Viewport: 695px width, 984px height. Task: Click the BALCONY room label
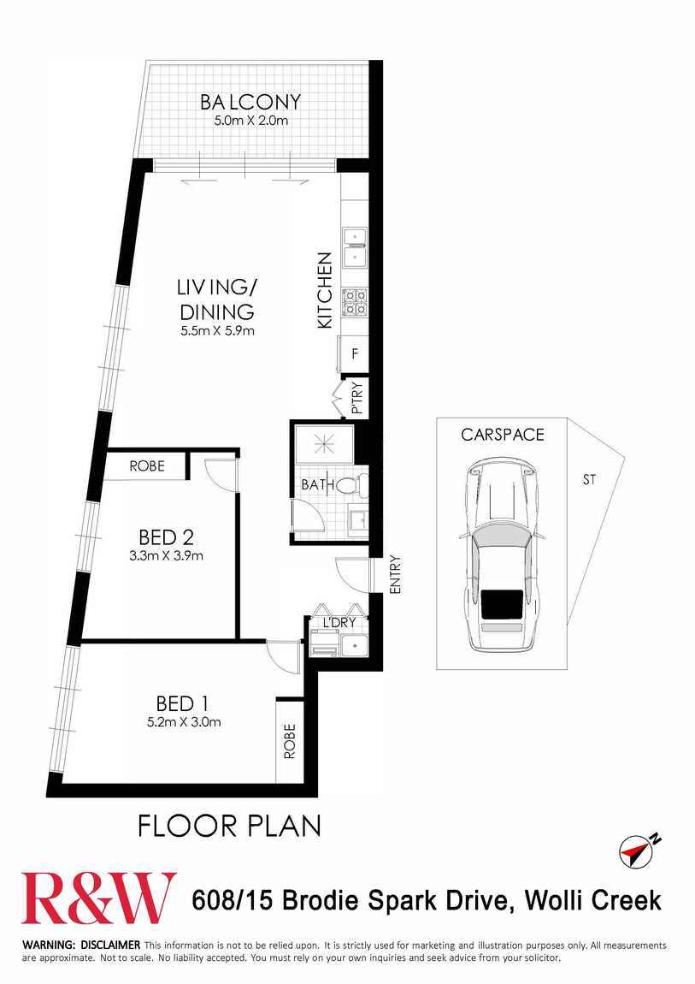tap(250, 102)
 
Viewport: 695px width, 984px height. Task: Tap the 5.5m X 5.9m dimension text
tap(217, 331)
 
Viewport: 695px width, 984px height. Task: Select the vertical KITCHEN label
tap(324, 291)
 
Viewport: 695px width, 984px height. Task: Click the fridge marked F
tap(354, 354)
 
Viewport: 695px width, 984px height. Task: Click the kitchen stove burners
tap(354, 302)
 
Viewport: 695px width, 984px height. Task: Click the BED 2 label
tap(166, 537)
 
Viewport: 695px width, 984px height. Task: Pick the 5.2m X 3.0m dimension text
tap(185, 722)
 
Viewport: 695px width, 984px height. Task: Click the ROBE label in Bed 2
tap(147, 466)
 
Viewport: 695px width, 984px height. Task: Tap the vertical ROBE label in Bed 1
tap(290, 742)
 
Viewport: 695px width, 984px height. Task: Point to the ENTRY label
tap(395, 575)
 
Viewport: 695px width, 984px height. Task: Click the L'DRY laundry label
tap(339, 623)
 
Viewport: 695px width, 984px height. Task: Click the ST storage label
tap(589, 480)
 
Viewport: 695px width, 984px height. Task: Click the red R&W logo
tap(100, 898)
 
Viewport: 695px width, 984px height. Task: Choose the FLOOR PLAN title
tap(229, 826)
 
